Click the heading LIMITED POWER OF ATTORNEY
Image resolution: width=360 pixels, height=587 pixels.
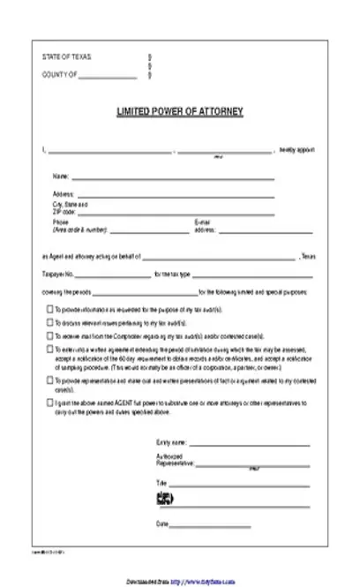179,113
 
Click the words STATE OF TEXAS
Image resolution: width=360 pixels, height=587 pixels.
66,57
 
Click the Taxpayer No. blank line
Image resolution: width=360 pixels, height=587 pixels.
114,275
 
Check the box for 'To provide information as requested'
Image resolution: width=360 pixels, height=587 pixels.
49,311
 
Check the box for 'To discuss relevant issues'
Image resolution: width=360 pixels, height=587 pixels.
49,323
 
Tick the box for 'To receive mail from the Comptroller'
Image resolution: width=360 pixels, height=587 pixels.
49,335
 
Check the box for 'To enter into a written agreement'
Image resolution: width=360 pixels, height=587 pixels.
49,350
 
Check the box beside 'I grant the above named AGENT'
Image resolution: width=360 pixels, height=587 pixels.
49,402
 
